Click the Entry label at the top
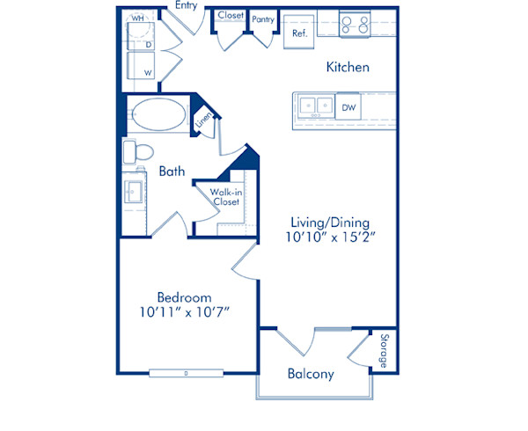[187, 5]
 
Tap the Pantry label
[262, 18]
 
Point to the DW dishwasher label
[348, 107]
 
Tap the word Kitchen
[348, 67]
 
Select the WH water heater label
[138, 18]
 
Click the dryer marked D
[144, 41]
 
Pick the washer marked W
[144, 69]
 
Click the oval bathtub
[158, 114]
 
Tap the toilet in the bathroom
[135, 151]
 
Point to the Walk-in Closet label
[225, 196]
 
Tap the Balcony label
[311, 374]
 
